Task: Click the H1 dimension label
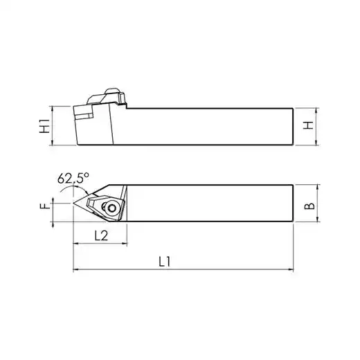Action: (x=44, y=126)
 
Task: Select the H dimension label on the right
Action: (x=308, y=125)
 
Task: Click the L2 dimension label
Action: (x=101, y=236)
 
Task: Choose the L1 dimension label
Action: (x=164, y=262)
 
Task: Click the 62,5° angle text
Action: (x=73, y=178)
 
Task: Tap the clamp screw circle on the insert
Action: (x=112, y=208)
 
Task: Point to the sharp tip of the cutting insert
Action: (x=73, y=203)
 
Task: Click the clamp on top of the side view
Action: (x=107, y=96)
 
